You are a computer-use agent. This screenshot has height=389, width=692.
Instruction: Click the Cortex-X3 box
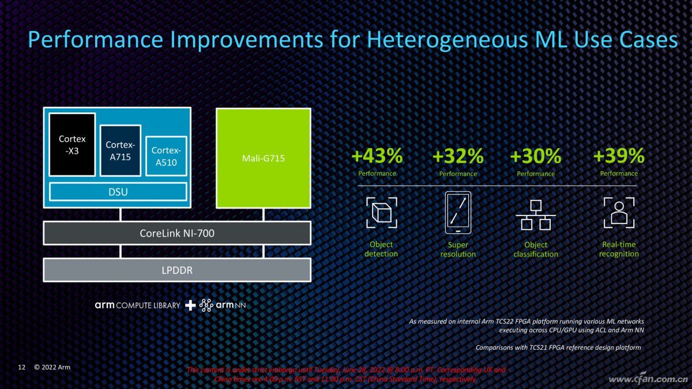(x=72, y=145)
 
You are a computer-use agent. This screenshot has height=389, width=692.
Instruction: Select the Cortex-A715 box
(x=121, y=150)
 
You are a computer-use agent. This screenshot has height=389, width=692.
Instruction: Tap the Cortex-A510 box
(x=166, y=156)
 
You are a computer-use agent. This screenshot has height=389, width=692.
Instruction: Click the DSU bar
(x=118, y=192)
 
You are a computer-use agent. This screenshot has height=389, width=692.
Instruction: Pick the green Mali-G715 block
(x=264, y=158)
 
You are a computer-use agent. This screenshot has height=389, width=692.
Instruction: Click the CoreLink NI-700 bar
(x=177, y=233)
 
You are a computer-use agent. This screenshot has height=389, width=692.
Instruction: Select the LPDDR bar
(x=177, y=270)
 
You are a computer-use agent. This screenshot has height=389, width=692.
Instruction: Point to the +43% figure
(x=377, y=156)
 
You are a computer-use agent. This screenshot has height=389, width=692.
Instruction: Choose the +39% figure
(x=619, y=155)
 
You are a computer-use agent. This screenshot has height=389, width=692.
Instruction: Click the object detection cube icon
(x=382, y=213)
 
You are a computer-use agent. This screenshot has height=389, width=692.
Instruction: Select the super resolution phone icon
(x=458, y=213)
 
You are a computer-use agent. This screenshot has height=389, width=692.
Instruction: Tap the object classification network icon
(x=536, y=215)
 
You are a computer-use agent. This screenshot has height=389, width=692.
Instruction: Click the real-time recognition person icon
(x=619, y=213)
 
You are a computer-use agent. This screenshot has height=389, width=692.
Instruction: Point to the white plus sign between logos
(x=190, y=305)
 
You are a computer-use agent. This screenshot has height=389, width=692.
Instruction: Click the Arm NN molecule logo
(x=206, y=305)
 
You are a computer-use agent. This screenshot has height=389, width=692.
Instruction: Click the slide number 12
(x=22, y=367)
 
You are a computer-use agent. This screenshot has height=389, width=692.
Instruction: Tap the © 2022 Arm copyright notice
(x=52, y=367)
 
